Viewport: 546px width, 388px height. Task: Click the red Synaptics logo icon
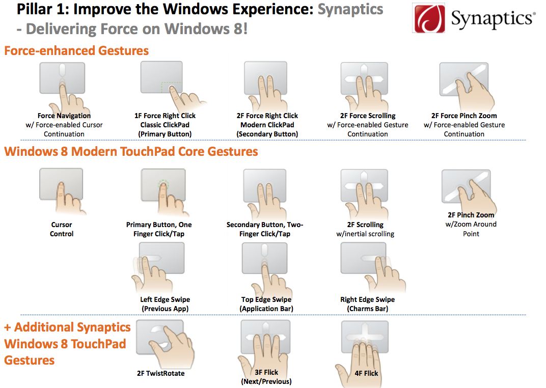pos(429,19)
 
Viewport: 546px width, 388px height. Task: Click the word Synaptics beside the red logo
pos(492,19)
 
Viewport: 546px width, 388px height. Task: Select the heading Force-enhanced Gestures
pos(76,51)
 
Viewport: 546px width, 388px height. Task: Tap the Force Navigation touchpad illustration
pos(62,79)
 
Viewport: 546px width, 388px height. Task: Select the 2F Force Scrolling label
pos(368,116)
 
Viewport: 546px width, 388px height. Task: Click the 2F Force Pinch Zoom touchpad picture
pos(463,80)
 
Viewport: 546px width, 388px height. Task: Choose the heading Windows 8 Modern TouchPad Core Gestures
pos(131,152)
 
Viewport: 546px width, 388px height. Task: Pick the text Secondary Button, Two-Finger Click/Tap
pos(265,229)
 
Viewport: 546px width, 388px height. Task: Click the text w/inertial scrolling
pos(365,234)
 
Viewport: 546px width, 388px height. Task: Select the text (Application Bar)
pos(266,309)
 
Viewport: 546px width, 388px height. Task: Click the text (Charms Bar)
pos(367,309)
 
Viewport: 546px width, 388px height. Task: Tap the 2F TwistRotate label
pos(160,373)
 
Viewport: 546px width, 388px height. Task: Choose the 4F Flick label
pos(366,373)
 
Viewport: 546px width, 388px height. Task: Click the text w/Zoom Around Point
pos(471,229)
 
